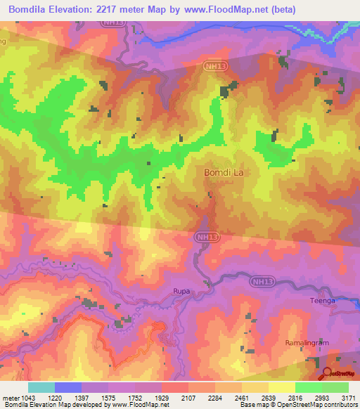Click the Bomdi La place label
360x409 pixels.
(x=226, y=171)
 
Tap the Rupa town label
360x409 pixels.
(x=182, y=290)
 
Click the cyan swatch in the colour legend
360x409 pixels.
(x=41, y=387)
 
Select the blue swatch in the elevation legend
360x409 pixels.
(x=67, y=387)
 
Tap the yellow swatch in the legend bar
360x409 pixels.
(x=281, y=387)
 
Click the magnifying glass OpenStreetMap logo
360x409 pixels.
(x=327, y=374)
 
